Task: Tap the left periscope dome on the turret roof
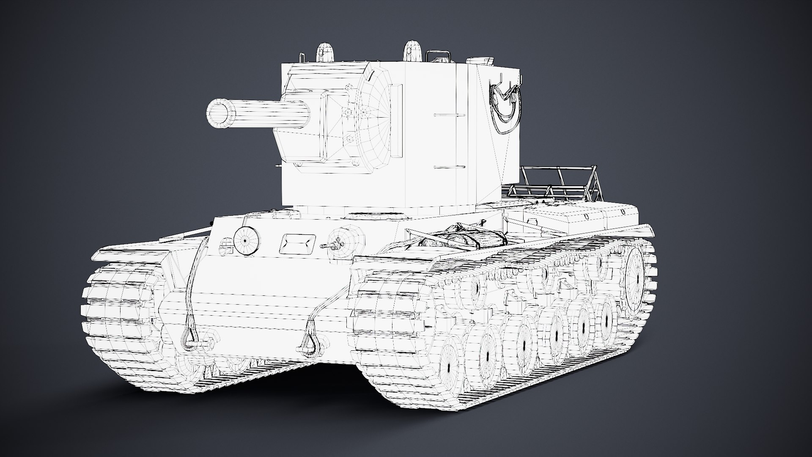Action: [325, 53]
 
